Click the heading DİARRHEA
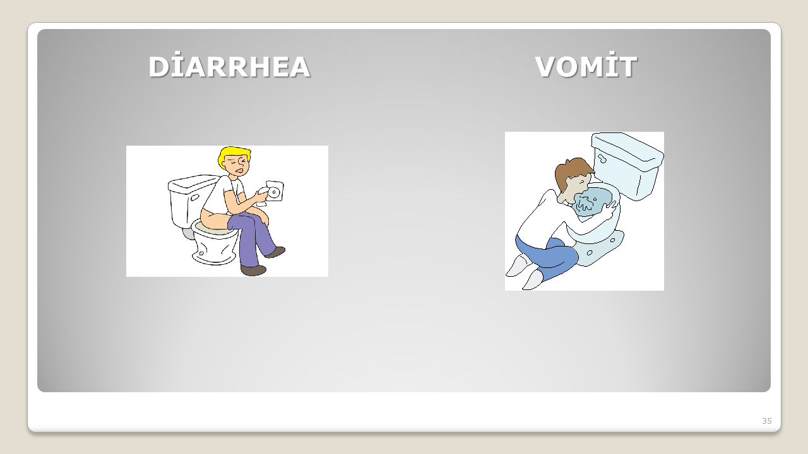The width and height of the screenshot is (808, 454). (229, 66)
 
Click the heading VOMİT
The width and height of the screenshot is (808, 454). (586, 66)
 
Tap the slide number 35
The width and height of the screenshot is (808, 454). (767, 421)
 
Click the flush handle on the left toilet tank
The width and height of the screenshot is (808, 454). (195, 198)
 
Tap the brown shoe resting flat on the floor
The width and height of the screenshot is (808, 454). (253, 271)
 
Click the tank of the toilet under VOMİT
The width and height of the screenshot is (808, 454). (627, 164)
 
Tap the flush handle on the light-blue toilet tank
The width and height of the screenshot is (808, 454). (602, 158)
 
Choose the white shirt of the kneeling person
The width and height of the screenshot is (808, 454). (541, 221)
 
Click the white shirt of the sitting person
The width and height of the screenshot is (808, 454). (223, 195)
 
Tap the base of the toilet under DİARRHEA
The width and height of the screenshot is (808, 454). (215, 248)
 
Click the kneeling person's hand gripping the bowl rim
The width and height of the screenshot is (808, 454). (610, 209)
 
